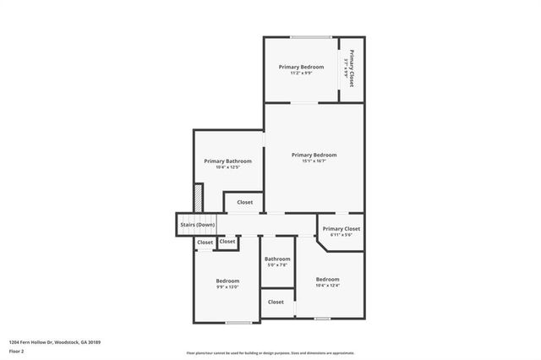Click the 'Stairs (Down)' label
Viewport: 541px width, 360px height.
click(197, 225)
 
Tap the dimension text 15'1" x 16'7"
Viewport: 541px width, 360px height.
click(314, 161)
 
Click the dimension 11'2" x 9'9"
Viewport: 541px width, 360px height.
click(301, 74)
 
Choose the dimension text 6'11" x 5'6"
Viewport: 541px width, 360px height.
click(341, 235)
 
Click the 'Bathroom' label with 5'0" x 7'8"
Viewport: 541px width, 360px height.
click(277, 259)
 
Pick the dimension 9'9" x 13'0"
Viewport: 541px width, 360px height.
click(227, 287)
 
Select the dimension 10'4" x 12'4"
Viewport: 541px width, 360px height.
click(327, 286)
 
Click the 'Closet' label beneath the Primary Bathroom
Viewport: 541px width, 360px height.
click(244, 202)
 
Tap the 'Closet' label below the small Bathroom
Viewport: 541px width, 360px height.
click(276, 302)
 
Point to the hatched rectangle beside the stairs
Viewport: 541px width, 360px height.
click(197, 199)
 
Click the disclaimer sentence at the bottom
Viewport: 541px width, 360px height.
click(270, 352)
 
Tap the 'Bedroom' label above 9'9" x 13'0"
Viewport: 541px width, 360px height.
click(227, 281)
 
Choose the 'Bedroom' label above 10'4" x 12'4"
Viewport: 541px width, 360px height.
click(327, 279)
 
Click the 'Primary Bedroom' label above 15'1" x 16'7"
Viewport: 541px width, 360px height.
click(314, 155)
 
